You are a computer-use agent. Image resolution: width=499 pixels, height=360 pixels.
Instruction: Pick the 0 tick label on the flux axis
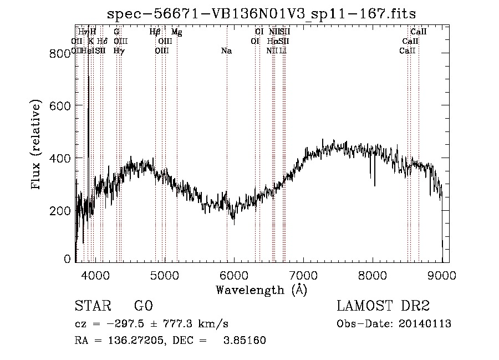pos(68,259)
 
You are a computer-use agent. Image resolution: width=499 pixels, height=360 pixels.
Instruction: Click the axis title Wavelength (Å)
pos(261,290)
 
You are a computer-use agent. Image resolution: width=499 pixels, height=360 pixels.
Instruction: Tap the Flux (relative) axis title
pos(37,145)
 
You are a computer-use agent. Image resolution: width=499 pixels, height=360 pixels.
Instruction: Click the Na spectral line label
pos(226,51)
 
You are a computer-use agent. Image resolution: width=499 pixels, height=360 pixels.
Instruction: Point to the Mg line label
pos(176,32)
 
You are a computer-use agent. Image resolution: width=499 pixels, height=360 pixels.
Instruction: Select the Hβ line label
pos(155,32)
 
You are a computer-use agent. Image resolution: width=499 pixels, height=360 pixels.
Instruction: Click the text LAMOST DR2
pos(383,306)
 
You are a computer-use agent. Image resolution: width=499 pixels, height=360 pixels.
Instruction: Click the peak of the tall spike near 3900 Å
pos(89,76)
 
